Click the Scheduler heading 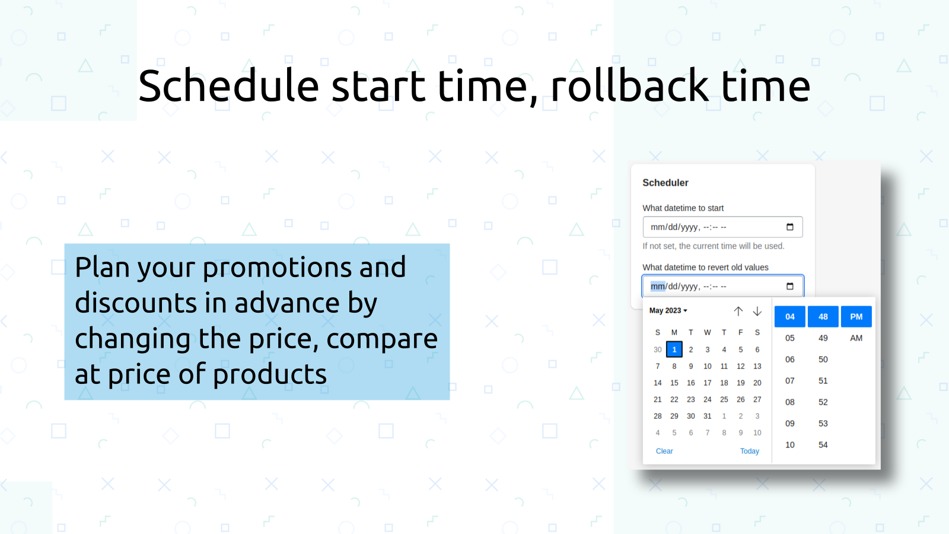(665, 183)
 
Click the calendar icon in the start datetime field (789, 227)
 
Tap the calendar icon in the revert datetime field (789, 286)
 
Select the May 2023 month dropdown (668, 311)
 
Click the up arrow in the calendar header (738, 311)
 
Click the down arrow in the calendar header (757, 311)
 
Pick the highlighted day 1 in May (674, 349)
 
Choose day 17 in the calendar (708, 383)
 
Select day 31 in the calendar (708, 416)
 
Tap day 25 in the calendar (724, 399)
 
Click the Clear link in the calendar (664, 451)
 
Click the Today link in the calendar (750, 451)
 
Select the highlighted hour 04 (789, 317)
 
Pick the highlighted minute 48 (823, 317)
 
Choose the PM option (856, 317)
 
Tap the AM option (856, 338)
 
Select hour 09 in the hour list (789, 424)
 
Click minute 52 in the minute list (823, 402)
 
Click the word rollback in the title (629, 85)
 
